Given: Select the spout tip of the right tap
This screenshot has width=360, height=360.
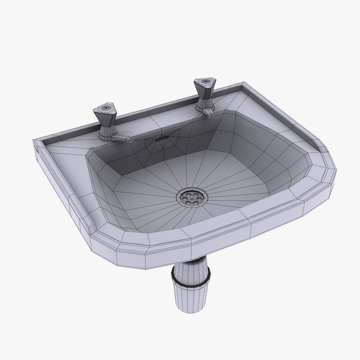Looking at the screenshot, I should [211, 115].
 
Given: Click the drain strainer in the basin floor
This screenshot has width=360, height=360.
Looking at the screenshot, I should [192, 197].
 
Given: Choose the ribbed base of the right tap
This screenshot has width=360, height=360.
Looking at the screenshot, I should [201, 106].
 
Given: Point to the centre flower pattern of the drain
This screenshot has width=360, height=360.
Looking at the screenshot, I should [192, 197].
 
